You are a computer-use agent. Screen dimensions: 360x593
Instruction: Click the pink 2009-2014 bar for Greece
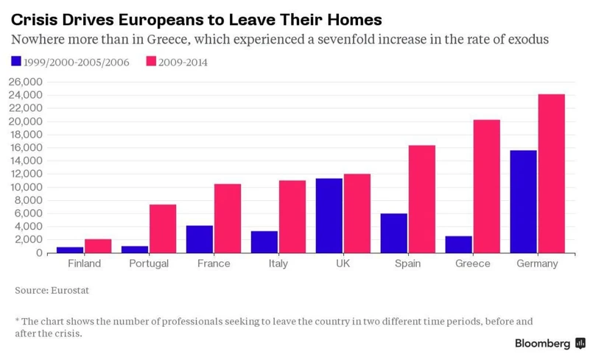coord(487,186)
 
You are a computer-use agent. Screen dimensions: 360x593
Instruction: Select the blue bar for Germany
coord(524,202)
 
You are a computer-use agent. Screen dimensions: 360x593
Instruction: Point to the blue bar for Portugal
coord(135,250)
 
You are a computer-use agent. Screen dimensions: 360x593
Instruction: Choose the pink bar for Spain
coord(422,199)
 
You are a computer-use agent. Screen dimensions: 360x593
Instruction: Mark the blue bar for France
coord(199,239)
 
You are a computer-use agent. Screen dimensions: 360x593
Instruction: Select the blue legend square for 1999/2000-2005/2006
coord(16,62)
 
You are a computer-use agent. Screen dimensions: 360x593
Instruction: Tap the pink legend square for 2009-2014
coord(152,62)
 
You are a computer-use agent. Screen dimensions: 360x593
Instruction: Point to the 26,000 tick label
coord(28,82)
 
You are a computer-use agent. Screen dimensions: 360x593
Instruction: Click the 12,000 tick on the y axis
coord(28,174)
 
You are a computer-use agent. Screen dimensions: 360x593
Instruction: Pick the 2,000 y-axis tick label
coord(31,240)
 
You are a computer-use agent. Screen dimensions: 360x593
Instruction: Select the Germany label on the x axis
coord(537,264)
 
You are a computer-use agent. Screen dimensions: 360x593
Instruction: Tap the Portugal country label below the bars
coord(149,264)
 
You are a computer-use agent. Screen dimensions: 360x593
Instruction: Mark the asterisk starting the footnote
coord(17,320)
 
